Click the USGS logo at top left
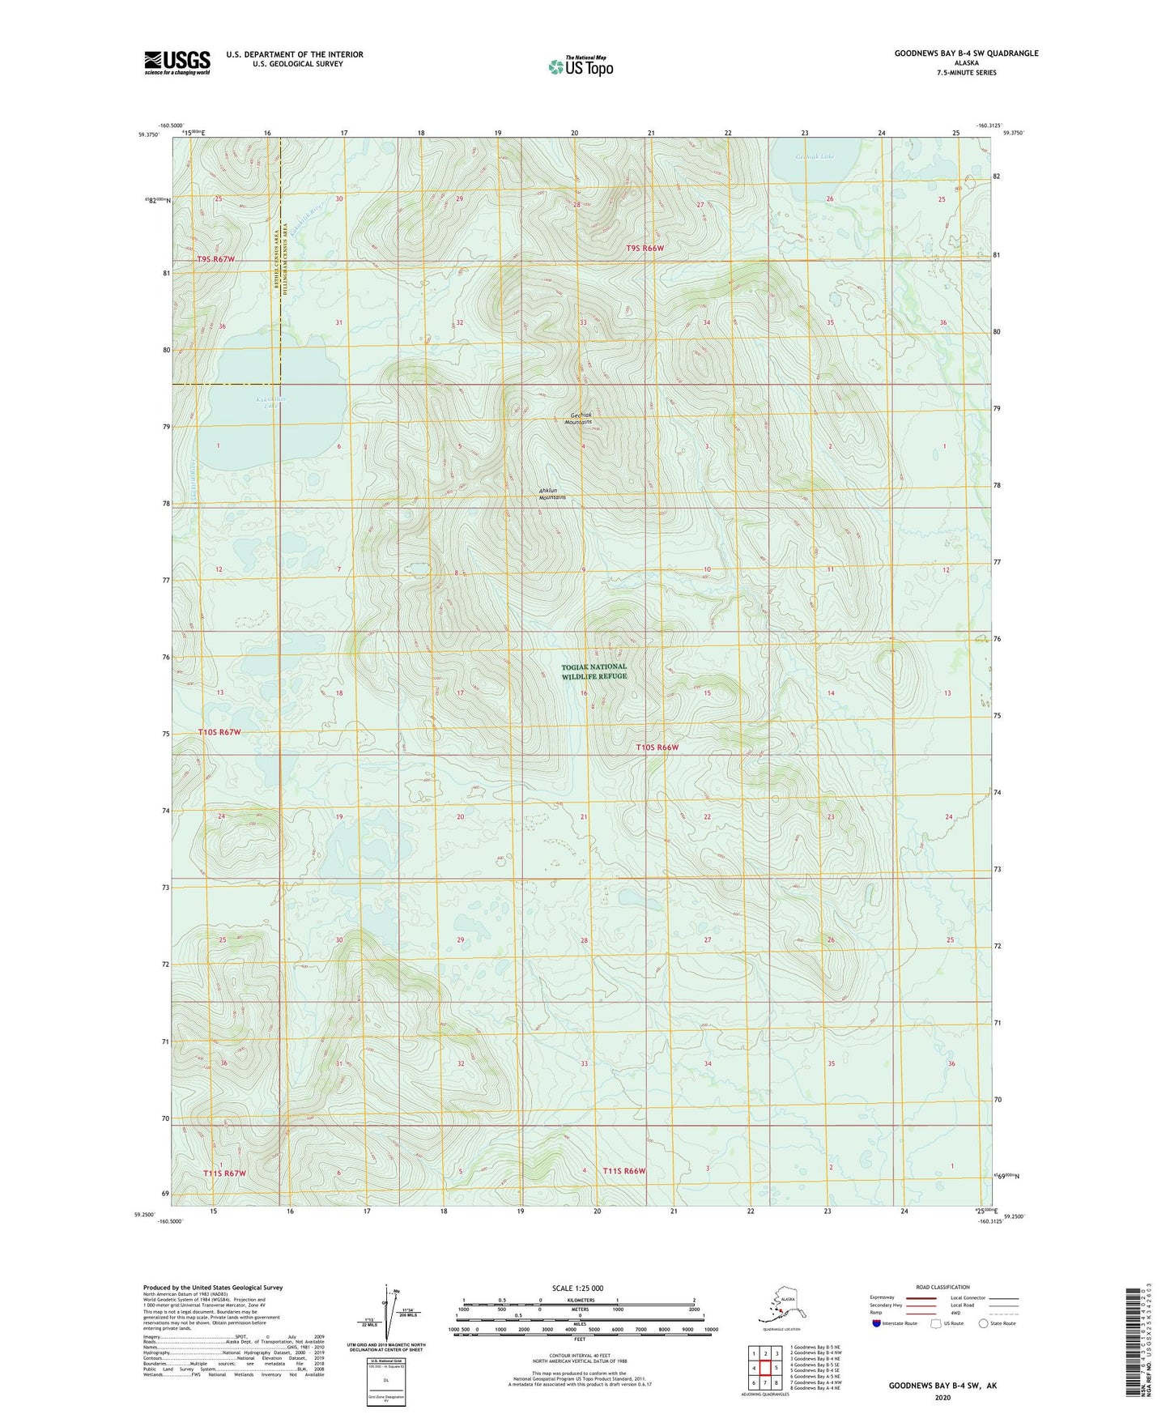(177, 62)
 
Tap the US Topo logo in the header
(581, 66)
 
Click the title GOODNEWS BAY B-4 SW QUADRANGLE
(966, 53)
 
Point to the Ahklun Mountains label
(553, 494)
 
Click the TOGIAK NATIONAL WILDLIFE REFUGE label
(594, 671)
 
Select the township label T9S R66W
(645, 249)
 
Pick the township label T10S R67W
(219, 732)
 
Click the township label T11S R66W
(624, 1171)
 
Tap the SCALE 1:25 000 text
(578, 1288)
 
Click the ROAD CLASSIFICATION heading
(942, 1287)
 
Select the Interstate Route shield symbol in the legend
(877, 1323)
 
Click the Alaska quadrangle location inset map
(781, 1305)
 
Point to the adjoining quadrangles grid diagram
(765, 1369)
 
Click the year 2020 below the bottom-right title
(942, 1397)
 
